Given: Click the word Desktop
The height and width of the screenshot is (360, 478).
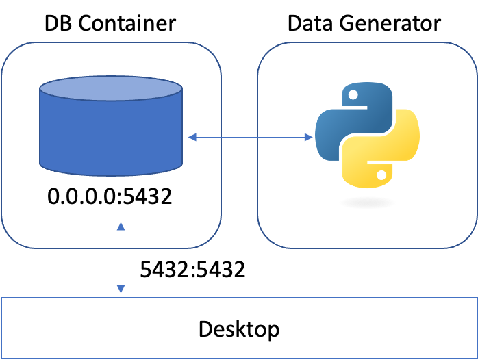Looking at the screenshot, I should (x=238, y=329).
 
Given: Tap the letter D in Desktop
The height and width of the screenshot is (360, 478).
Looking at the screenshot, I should (x=205, y=329).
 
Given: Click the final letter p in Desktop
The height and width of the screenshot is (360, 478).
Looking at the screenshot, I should (x=273, y=332).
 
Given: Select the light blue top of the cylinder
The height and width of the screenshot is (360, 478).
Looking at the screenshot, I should (x=111, y=89).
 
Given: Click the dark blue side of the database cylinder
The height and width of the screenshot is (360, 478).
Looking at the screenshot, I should (x=111, y=137).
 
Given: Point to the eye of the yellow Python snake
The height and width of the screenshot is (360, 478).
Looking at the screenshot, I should (x=379, y=177).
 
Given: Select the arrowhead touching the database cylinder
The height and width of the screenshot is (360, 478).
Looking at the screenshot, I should (x=192, y=138).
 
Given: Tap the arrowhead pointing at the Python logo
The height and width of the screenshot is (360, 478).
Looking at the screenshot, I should (x=309, y=138).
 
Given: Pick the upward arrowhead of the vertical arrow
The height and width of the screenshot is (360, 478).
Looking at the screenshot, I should (x=121, y=226).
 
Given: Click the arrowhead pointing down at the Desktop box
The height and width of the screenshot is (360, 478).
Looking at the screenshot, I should (x=121, y=290).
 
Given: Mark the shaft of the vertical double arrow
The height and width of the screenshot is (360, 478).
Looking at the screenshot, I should (x=121, y=258).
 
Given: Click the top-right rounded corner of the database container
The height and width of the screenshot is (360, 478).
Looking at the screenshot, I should (x=213, y=51).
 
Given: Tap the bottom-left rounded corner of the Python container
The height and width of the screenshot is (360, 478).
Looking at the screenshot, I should (x=266, y=240).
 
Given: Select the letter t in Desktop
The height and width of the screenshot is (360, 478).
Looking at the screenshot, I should (x=251, y=329).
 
